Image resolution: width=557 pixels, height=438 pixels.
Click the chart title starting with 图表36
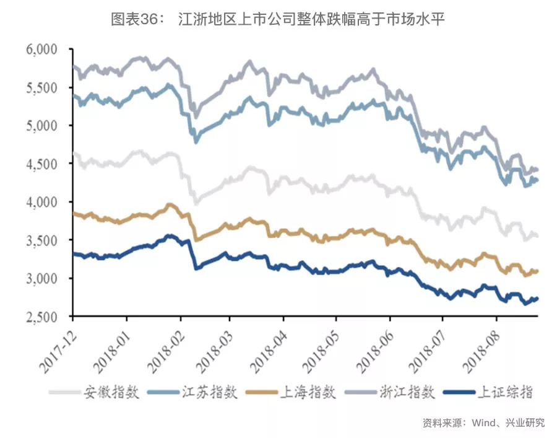point(278,19)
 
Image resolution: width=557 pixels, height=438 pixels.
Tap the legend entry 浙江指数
point(409,392)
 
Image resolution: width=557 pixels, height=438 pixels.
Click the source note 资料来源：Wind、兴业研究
point(483,423)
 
